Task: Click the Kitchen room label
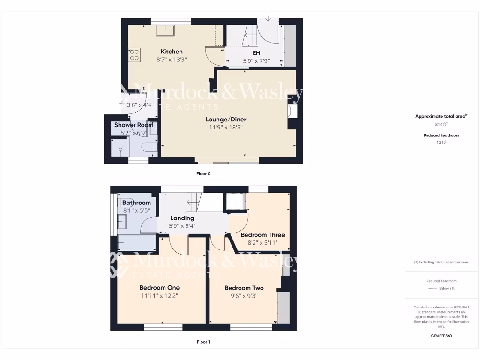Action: tap(172, 52)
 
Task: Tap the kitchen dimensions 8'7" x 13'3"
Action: tap(172, 60)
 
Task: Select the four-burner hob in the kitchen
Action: tap(134, 55)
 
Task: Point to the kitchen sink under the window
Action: tap(165, 30)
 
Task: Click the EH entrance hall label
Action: tap(256, 53)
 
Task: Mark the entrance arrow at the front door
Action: tap(268, 19)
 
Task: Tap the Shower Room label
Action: tap(134, 125)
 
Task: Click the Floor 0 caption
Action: tap(203, 173)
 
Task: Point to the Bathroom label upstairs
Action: tap(136, 202)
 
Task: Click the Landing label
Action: tap(182, 218)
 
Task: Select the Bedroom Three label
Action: tap(262, 235)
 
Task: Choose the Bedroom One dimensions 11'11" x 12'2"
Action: tap(159, 296)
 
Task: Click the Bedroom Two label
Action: tap(244, 288)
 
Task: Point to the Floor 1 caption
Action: tap(203, 342)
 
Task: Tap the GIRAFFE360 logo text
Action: tap(441, 336)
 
